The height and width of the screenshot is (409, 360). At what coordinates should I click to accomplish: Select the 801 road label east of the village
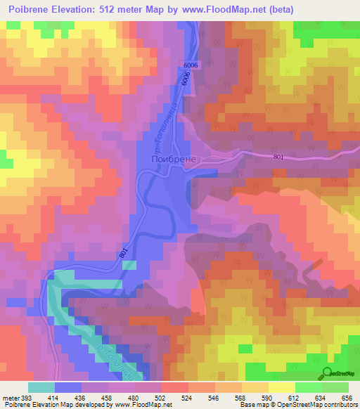(278, 157)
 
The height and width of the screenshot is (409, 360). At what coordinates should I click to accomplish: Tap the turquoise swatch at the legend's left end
(41, 387)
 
